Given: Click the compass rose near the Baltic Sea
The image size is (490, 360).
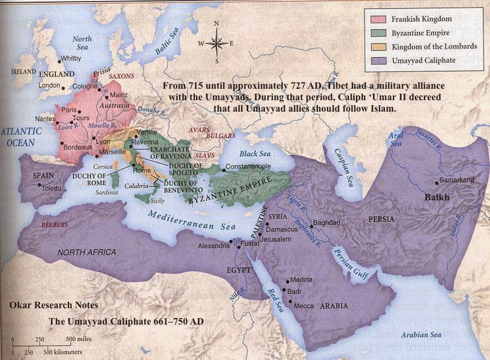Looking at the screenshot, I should (x=216, y=42).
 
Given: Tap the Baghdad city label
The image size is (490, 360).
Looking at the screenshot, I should (x=327, y=223).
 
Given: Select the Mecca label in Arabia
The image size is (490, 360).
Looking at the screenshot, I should (x=303, y=306).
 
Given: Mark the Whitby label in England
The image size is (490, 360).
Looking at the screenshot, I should (x=71, y=58).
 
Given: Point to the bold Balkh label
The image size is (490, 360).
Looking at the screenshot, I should (x=437, y=198).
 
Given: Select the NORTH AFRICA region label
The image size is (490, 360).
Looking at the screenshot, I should (x=87, y=252).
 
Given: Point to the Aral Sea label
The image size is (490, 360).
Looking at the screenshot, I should (x=396, y=139).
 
